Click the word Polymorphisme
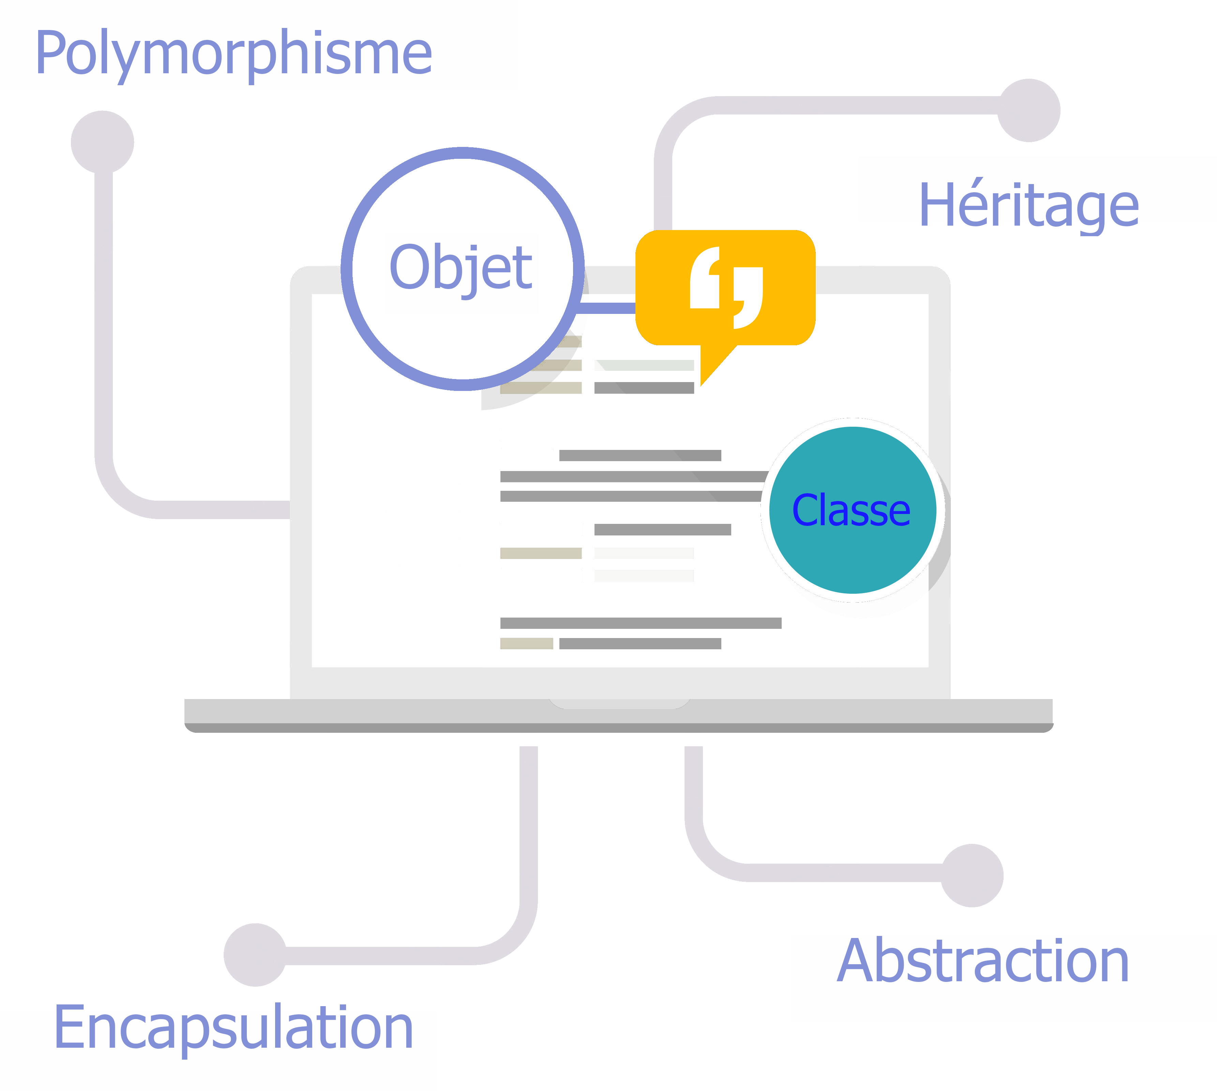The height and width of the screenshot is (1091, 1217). (234, 54)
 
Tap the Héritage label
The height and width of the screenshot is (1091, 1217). (1029, 206)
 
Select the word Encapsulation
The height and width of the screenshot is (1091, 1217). (234, 1028)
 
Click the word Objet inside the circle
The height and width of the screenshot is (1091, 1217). (461, 267)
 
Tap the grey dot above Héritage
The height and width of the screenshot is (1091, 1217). (1029, 110)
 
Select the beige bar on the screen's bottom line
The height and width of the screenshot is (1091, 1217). (526, 643)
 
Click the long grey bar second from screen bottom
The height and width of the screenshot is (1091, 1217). (640, 623)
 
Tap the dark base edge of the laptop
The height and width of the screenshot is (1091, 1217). (619, 728)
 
